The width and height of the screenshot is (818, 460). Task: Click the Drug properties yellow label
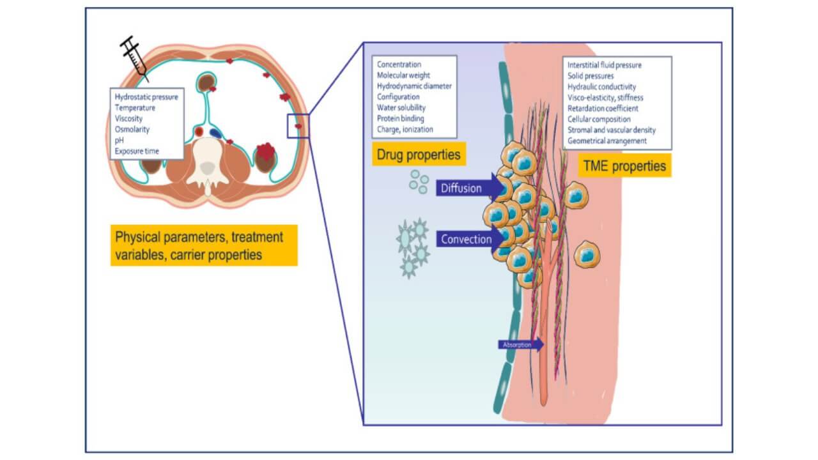[418, 155]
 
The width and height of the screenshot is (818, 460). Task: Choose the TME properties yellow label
[624, 166]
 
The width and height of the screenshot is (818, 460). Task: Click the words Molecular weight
[403, 75]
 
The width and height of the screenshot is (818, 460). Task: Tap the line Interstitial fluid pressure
[605, 65]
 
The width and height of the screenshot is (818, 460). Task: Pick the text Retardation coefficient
[603, 108]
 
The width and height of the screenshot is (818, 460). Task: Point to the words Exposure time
[137, 151]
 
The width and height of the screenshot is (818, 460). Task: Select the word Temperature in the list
[135, 108]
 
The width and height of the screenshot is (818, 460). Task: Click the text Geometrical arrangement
[607, 141]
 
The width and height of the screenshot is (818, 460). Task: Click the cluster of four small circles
[419, 181]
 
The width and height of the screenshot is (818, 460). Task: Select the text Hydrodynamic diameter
[414, 86]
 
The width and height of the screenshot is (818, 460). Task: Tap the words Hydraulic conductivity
[601, 87]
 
